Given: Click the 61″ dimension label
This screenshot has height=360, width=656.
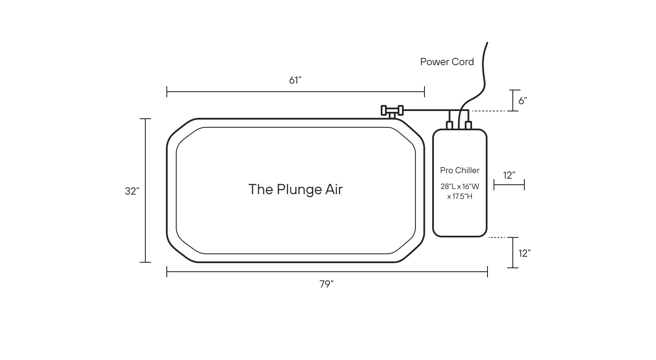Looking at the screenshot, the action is tap(295, 80).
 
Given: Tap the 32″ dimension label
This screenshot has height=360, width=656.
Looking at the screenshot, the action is tap(132, 191).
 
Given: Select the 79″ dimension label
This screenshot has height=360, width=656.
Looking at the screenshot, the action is tap(327, 284).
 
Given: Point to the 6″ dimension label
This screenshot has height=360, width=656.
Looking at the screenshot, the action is tap(523, 101).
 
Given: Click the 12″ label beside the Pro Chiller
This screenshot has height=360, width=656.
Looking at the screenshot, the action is tap(509, 175).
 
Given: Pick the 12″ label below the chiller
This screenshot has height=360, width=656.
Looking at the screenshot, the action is tap(524, 253).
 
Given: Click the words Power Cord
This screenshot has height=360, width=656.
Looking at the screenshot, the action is tap(447, 62).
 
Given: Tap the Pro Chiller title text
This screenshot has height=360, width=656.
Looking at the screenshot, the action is tap(460, 170).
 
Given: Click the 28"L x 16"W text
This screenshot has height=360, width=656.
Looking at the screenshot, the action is tap(460, 186).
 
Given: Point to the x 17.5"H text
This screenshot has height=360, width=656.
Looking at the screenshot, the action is tap(460, 196).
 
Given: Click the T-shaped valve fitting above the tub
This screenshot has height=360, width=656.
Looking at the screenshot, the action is tap(392, 111).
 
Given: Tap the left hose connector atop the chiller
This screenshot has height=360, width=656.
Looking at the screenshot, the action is tap(449, 125).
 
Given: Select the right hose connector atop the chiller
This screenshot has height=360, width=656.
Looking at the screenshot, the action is tap(468, 125).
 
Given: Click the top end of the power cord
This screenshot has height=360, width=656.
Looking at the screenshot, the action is tap(487, 43).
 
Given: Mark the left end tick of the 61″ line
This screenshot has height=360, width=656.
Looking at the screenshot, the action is tap(167, 92).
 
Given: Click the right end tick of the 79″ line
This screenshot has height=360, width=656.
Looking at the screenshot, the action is tap(487, 272).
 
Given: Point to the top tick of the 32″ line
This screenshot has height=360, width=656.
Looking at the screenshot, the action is tap(145, 119).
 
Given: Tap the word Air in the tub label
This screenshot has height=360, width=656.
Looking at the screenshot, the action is tap(334, 189).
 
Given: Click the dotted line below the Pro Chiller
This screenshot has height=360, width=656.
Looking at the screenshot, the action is tap(497, 237).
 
